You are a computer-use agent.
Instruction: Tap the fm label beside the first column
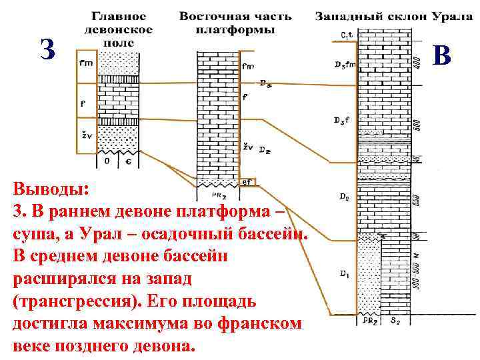tap(86, 63)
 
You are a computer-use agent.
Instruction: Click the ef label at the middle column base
tap(247, 181)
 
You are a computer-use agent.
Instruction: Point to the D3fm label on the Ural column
tap(345, 65)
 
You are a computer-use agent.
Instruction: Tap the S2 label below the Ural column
tap(395, 321)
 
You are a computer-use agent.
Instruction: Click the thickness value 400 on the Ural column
tap(417, 62)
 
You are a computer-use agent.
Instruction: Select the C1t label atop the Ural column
tap(345, 35)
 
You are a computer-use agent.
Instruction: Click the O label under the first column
tap(107, 161)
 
